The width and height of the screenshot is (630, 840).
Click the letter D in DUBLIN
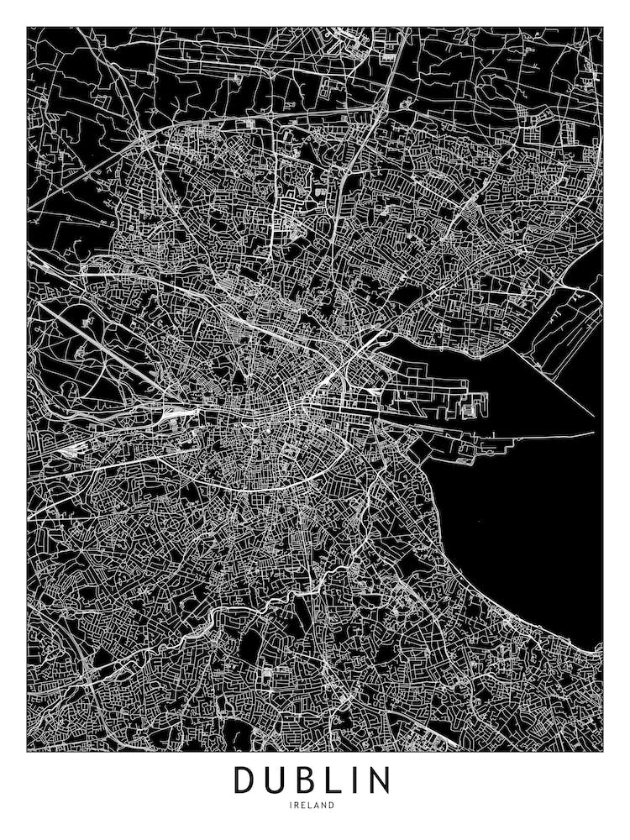(x=245, y=780)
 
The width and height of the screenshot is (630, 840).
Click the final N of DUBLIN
(x=379, y=780)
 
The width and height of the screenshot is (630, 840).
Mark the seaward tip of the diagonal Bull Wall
(x=593, y=416)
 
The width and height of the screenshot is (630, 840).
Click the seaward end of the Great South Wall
(x=593, y=433)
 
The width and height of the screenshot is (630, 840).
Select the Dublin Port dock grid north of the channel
(x=428, y=395)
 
